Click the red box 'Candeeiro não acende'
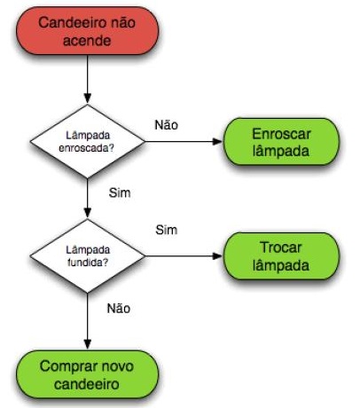click(x=88, y=31)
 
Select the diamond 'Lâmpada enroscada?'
click(x=88, y=141)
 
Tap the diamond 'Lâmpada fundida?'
click(x=88, y=256)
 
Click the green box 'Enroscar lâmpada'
click(x=281, y=142)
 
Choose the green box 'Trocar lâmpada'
click(x=281, y=256)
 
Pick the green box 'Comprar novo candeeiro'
click(x=88, y=374)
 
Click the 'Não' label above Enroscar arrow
click(x=167, y=125)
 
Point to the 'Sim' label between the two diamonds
click(x=120, y=192)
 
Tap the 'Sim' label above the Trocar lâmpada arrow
click(x=167, y=230)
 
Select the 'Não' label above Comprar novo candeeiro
click(x=119, y=309)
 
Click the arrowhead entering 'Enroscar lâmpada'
click(x=217, y=141)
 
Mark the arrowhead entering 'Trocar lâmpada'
click(x=217, y=256)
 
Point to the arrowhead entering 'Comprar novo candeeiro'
click(x=88, y=344)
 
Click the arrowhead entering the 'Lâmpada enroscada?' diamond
click(x=88, y=98)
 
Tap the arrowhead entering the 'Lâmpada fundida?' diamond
click(x=88, y=213)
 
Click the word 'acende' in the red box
click(x=87, y=41)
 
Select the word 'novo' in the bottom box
click(x=118, y=366)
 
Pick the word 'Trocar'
click(x=281, y=247)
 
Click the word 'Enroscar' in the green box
click(x=281, y=134)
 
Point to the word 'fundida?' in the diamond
click(x=88, y=262)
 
